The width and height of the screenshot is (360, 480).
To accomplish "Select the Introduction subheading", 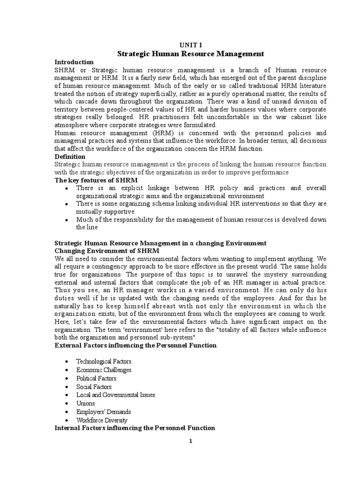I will click(74, 62).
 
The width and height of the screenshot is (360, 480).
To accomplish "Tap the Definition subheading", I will click(70, 157).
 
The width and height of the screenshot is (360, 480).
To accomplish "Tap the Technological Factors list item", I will click(104, 361).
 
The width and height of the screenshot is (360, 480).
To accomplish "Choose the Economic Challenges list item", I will click(104, 370).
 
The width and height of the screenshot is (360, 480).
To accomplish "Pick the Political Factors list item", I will click(96, 378).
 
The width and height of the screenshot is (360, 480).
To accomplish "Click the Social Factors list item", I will click(94, 387).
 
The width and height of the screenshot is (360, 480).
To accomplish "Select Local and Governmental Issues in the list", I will click(115, 395).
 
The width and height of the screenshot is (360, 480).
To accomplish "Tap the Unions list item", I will click(85, 403).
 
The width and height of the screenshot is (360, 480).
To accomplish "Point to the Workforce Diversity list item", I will click(102, 420).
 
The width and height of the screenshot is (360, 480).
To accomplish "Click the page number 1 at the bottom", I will click(191, 441).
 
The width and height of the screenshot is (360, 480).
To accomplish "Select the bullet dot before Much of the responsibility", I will click(67, 220).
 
